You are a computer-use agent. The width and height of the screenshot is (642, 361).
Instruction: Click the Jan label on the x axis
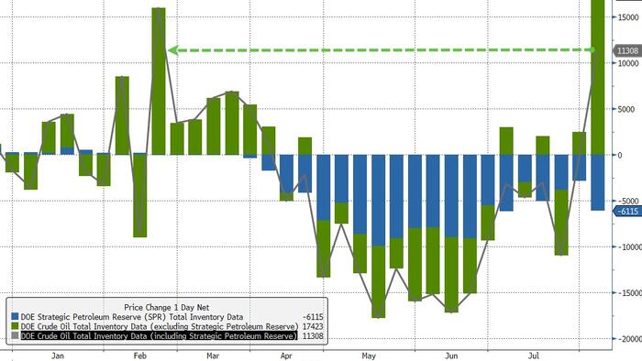58,356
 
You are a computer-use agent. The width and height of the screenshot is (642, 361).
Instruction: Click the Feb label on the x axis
140,356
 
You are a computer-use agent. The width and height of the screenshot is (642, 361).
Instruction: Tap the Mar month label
213,356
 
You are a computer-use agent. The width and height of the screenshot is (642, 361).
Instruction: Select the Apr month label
286,356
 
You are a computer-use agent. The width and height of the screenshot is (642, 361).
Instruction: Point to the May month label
369,356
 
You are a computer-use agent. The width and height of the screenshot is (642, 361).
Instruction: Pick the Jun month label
451,356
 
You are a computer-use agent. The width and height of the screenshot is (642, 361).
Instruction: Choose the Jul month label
534,356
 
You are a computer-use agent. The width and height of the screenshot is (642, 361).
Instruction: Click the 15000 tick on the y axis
628,17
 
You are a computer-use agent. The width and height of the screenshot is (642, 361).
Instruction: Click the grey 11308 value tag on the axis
627,50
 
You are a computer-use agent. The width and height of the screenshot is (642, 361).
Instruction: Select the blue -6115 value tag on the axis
627,212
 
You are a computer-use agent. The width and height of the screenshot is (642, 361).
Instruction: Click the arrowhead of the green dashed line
172,50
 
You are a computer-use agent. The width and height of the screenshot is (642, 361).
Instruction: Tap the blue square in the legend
16,317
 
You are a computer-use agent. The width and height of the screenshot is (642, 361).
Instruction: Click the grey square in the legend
16,336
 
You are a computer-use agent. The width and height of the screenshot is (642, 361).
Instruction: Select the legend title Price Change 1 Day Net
167,308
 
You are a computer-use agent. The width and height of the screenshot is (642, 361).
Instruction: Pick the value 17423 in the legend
313,327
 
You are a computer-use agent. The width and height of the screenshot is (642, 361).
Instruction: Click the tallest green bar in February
159,81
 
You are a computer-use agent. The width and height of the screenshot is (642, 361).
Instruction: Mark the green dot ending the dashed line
592,49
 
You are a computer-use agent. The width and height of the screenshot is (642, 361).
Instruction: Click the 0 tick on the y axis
620,155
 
